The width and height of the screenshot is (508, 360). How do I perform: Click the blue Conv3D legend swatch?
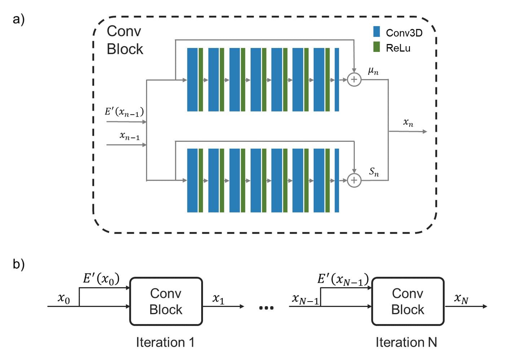click(x=376, y=31)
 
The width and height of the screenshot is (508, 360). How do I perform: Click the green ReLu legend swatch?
click(x=376, y=47)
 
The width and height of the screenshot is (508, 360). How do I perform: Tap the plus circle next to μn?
click(x=354, y=79)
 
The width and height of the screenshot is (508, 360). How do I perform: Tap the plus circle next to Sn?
click(x=354, y=180)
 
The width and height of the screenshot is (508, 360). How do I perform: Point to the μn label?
click(x=373, y=71)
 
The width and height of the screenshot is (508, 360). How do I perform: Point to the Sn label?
click(x=374, y=172)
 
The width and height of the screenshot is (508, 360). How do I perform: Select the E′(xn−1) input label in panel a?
click(x=124, y=112)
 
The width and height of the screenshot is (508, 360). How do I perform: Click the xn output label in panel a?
click(x=408, y=123)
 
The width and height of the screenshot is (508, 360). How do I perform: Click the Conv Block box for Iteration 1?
click(x=166, y=301)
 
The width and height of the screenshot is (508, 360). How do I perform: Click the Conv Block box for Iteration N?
click(x=408, y=301)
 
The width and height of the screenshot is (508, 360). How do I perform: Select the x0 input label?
click(x=64, y=299)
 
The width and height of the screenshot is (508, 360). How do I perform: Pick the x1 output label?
click(x=218, y=299)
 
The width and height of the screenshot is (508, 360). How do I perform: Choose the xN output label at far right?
click(x=461, y=299)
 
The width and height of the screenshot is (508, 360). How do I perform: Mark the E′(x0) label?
click(x=101, y=279)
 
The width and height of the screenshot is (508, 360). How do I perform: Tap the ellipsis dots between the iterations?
click(x=266, y=308)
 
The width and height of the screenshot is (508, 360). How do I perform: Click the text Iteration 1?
click(x=165, y=342)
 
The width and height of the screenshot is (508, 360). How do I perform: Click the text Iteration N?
click(x=406, y=342)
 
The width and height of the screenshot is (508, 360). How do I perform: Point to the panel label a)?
click(x=18, y=19)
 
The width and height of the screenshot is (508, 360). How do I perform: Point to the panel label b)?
click(x=18, y=264)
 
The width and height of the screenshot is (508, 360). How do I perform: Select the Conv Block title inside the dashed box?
click(x=125, y=40)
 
